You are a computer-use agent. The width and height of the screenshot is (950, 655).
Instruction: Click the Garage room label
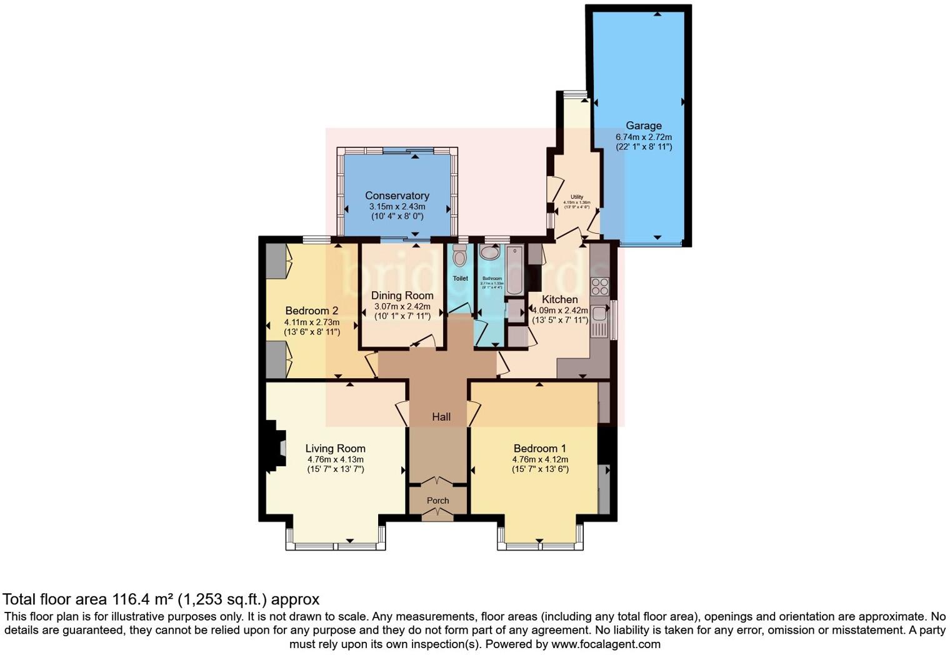point(643,126)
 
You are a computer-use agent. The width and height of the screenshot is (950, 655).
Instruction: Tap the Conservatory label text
point(397,196)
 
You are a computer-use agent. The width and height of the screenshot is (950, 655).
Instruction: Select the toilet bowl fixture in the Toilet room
point(459,256)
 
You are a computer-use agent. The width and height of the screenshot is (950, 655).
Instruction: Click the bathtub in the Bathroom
point(514,270)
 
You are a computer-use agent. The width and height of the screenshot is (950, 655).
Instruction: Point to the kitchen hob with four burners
point(599,286)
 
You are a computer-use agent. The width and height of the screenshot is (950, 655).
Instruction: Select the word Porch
point(437,501)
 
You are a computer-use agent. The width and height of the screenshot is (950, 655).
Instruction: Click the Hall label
point(441,417)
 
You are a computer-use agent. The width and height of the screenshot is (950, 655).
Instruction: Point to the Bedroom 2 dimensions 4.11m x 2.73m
point(312,322)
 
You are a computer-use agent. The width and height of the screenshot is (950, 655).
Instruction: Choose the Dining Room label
point(402,296)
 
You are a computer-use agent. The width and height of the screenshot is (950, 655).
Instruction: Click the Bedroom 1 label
point(539,448)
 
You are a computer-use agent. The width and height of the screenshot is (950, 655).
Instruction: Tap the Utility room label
point(576,197)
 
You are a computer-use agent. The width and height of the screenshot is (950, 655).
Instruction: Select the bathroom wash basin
point(490,252)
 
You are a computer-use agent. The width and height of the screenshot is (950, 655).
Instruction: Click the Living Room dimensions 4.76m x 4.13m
point(335,459)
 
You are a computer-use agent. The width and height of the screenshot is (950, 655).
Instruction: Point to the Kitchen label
point(559,299)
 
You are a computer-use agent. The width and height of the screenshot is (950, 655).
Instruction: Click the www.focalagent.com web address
point(605,644)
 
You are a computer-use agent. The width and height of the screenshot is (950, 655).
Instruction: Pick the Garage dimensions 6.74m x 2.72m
point(643,137)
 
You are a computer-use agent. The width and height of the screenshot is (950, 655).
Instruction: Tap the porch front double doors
point(437,514)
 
